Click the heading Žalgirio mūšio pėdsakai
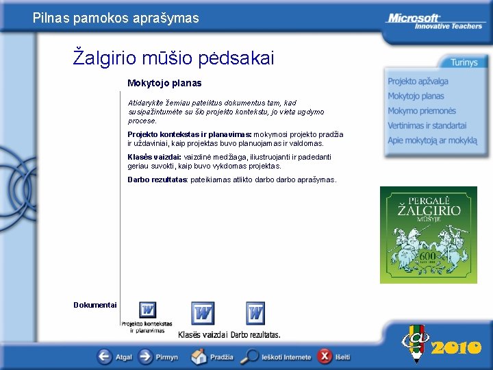[173, 58]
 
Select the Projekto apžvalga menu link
[418, 82]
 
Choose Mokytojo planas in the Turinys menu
[416, 97]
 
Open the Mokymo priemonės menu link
[421, 111]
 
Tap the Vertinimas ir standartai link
[427, 125]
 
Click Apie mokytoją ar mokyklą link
[432, 140]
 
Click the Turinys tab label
[464, 62]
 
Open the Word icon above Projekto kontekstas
[147, 310]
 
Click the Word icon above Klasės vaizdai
[203, 313]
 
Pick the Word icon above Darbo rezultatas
[255, 313]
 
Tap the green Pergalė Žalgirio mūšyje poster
[429, 235]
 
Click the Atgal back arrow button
[105, 356]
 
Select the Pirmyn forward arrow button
[146, 356]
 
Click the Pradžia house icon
[199, 356]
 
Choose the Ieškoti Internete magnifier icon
[252, 356]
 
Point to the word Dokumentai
[95, 305]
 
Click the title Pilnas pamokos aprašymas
[116, 18]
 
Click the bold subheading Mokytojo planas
[164, 83]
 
